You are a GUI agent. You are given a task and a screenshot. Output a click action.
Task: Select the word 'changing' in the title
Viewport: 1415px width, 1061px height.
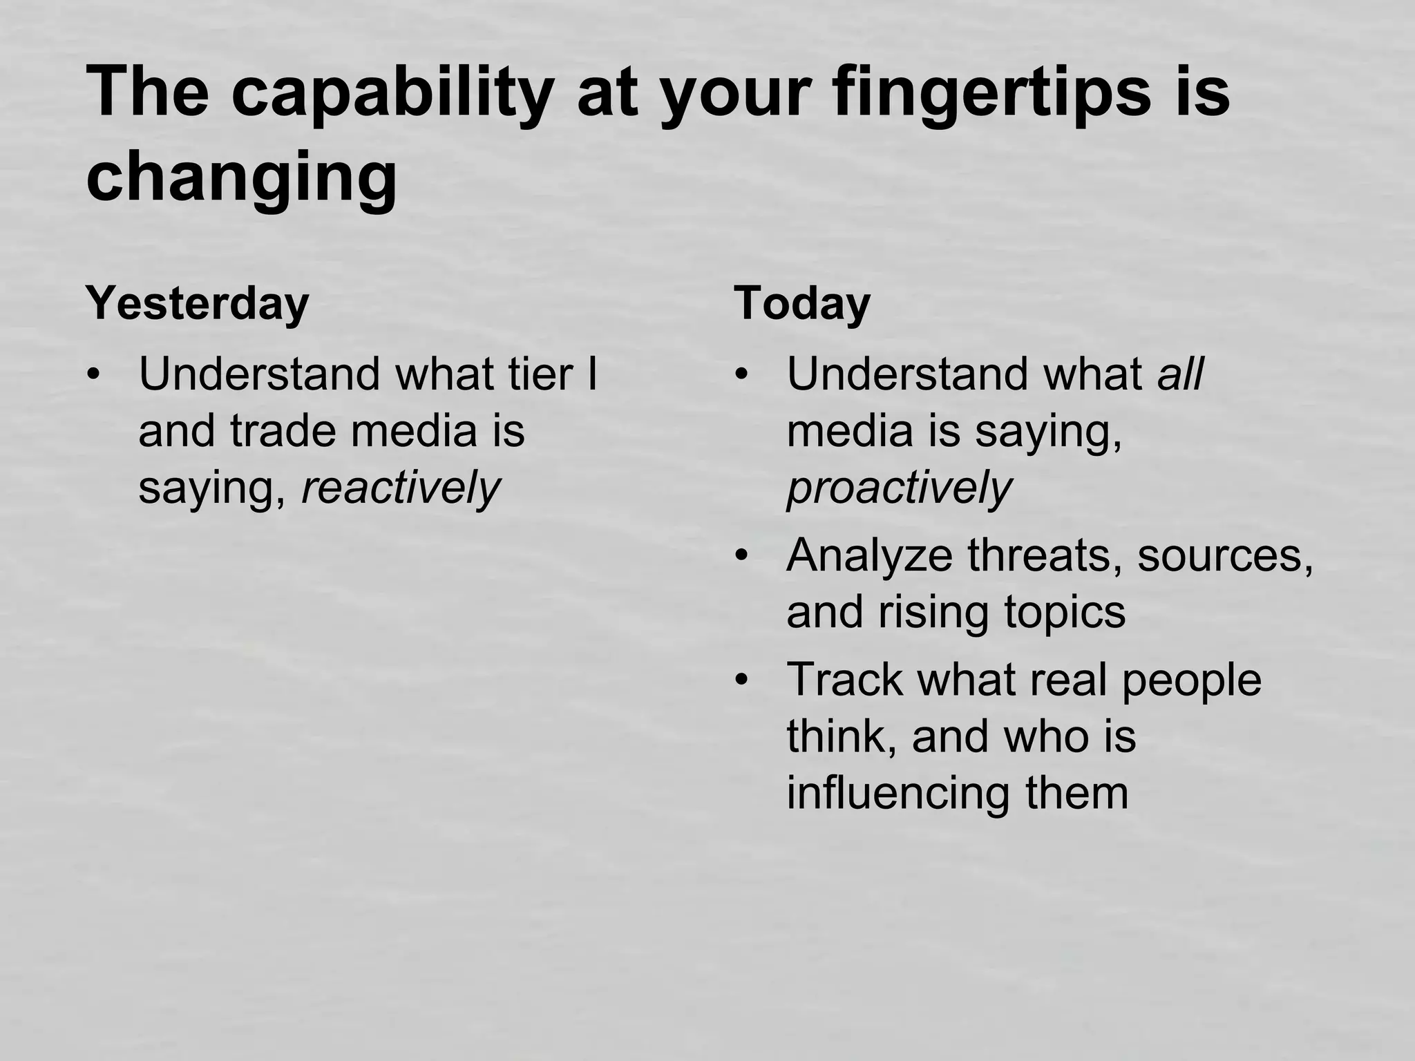241,178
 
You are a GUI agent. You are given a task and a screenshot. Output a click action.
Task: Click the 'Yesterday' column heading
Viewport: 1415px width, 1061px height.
197,304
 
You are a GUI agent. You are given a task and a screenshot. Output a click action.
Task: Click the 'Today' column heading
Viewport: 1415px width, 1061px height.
801,304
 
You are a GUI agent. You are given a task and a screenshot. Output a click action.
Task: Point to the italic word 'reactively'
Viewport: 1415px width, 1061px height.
401,488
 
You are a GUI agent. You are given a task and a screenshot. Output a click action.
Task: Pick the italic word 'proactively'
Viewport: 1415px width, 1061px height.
899,488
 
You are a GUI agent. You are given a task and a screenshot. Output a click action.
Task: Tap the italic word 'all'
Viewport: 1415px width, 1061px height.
1180,374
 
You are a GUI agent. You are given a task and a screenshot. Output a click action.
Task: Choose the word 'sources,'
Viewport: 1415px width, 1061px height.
1225,555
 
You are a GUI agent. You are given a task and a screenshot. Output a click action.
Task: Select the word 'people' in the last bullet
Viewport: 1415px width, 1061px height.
1191,680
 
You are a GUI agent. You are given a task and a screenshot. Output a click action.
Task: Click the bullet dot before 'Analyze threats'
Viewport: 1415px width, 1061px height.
742,557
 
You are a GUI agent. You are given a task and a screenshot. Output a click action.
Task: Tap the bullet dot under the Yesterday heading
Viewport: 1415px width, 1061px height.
94,376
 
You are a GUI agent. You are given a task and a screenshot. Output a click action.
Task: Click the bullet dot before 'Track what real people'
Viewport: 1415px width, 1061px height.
742,681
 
